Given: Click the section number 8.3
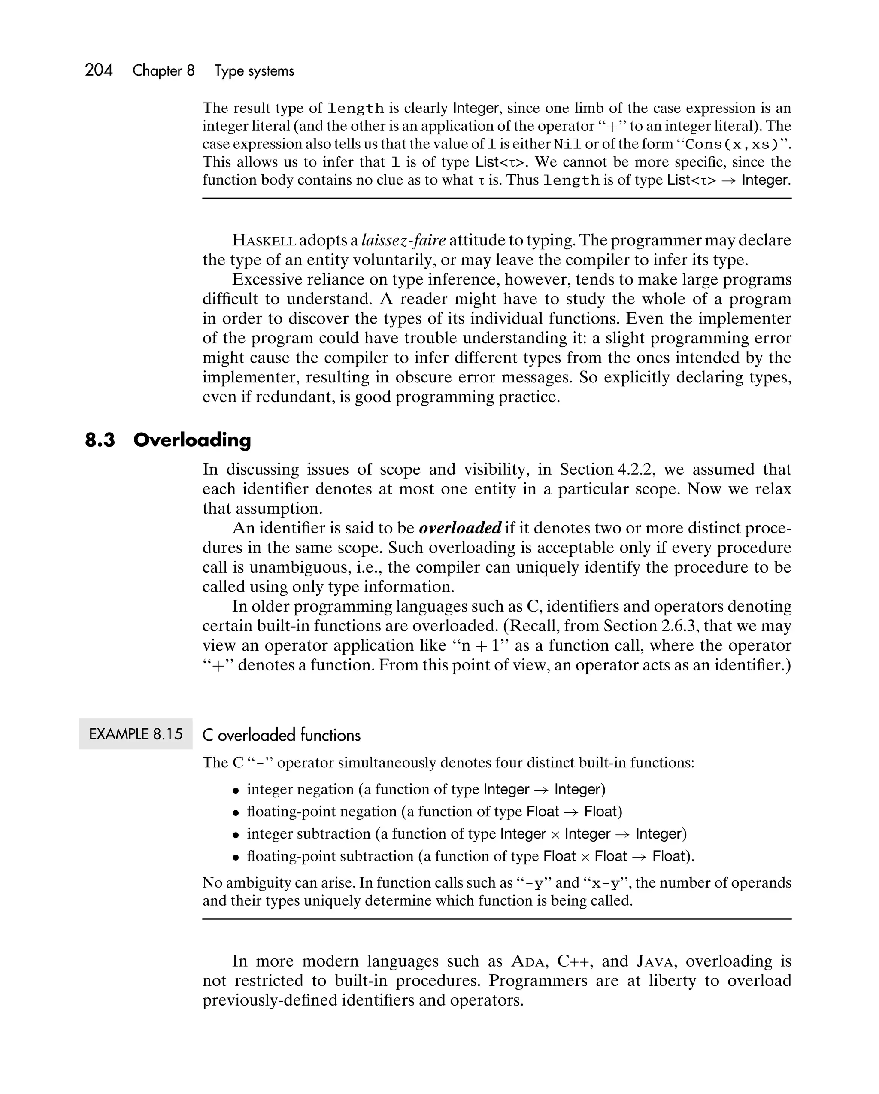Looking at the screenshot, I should click(100, 440).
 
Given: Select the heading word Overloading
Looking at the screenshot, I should click(192, 440).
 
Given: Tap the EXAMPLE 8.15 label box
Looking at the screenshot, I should click(136, 734).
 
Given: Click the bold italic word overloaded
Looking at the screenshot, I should click(460, 528).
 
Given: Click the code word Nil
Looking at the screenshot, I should click(567, 145).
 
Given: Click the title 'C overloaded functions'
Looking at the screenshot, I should click(281, 735).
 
